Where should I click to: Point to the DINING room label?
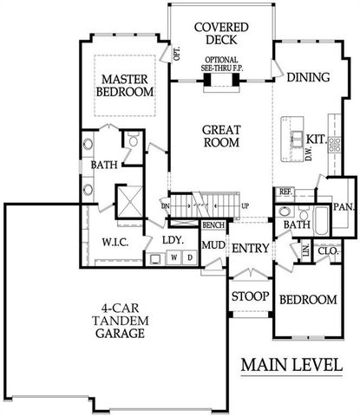[308, 77]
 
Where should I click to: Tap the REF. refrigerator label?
[285, 191]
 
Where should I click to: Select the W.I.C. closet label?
[116, 243]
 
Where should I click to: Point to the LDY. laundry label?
[171, 241]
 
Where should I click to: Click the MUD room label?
[213, 244]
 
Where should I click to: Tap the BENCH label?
[213, 225]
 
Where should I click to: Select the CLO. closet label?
[328, 250]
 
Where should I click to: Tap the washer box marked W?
[173, 257]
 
